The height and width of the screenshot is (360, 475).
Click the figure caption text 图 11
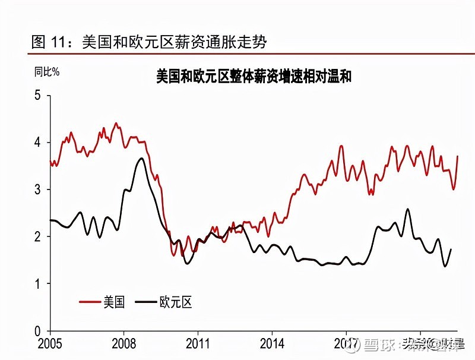(47, 42)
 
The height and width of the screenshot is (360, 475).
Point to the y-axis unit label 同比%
(46, 72)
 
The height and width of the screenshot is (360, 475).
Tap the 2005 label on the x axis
(50, 344)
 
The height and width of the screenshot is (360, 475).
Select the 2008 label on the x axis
(123, 344)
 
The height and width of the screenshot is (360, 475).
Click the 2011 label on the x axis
(198, 344)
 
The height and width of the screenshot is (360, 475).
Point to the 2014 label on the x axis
(271, 344)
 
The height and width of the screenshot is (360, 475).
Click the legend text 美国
(114, 302)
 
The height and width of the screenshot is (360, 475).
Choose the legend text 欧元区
(176, 302)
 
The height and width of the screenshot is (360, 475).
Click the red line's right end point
(458, 156)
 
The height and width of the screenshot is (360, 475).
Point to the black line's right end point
(451, 249)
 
